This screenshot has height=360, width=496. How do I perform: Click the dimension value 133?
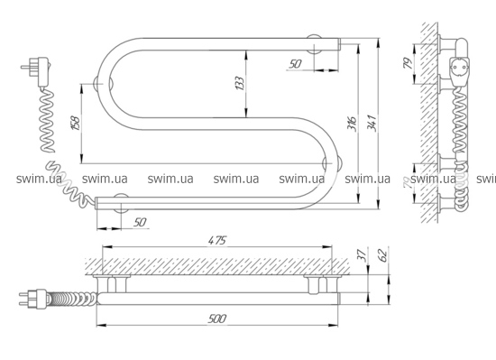pyautogui.click(x=241, y=83)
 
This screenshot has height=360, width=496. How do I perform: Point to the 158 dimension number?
pyautogui.click(x=76, y=124)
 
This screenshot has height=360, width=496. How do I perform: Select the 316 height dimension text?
pyautogui.click(x=352, y=124)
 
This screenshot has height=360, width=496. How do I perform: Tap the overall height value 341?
pyautogui.click(x=371, y=124)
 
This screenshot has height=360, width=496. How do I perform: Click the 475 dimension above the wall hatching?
pyautogui.click(x=217, y=240)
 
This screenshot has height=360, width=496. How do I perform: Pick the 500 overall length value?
pyautogui.click(x=217, y=318)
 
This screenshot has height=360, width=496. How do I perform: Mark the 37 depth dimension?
pyautogui.click(x=363, y=255)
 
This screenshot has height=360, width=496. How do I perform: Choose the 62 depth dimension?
pyautogui.click(x=382, y=255)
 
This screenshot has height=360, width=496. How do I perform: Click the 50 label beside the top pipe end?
pyautogui.click(x=295, y=64)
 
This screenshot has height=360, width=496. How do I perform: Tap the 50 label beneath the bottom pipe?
pyautogui.click(x=140, y=222)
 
